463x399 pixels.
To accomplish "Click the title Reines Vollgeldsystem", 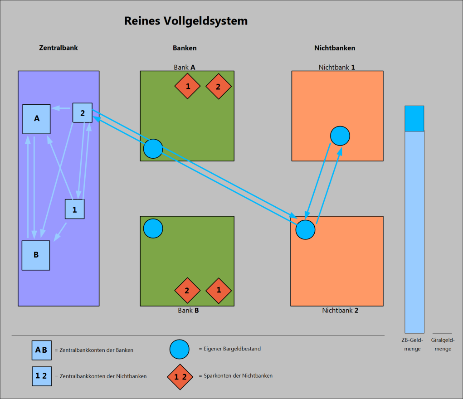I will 186,21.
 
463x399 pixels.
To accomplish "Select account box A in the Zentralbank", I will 37,119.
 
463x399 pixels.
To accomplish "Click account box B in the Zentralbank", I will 36,255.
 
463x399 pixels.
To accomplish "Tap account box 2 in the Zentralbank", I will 83,113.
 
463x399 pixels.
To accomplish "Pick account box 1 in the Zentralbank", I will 75,209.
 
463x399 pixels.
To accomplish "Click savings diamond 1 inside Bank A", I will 187,86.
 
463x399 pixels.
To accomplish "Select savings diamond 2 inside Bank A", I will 219,86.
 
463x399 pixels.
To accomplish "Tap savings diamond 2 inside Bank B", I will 187,291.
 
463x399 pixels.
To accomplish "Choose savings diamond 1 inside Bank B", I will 219,290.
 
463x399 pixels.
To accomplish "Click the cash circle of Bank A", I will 153,149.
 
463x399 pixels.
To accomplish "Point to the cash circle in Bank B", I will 153,229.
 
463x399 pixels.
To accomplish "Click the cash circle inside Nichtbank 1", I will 340,136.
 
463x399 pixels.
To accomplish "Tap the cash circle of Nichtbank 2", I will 305,229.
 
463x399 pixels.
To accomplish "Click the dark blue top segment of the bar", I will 414,118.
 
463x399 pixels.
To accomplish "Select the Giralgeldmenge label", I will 443,345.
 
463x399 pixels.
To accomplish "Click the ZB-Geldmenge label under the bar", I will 412,345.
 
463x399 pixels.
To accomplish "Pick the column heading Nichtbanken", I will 335,48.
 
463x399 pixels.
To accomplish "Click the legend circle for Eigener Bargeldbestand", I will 179,349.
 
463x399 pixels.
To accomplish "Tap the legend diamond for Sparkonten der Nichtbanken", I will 180,377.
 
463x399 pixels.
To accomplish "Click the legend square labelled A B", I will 41,350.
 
